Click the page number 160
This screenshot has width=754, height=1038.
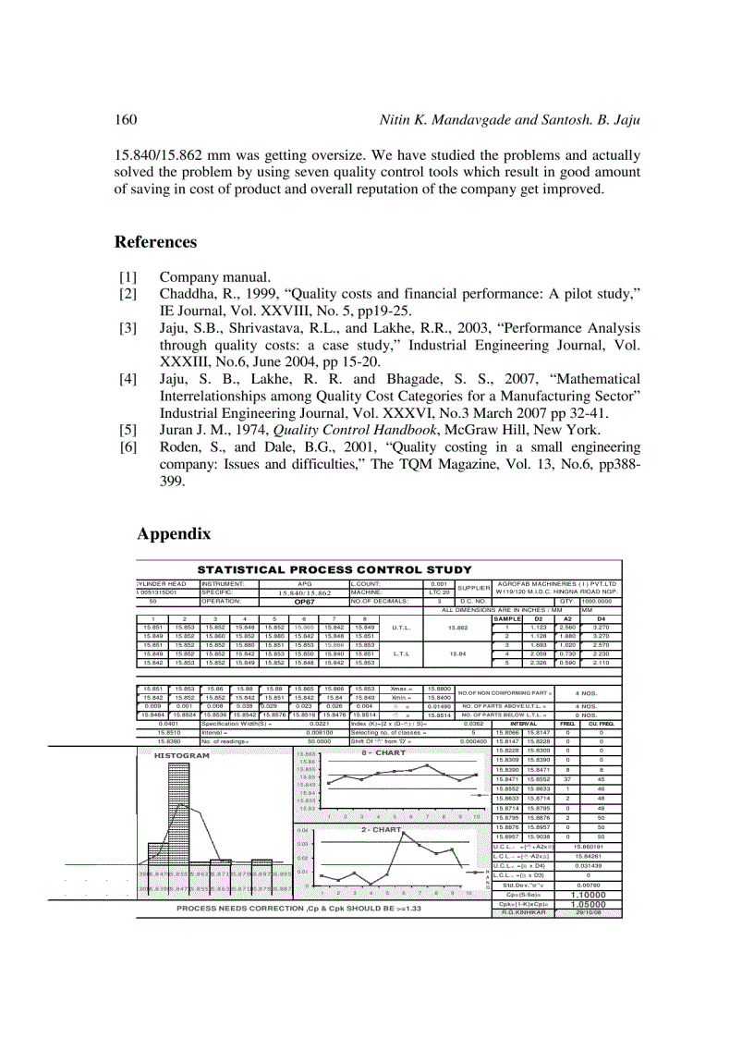126,120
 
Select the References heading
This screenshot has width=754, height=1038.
155,242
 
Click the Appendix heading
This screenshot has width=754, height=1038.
174,533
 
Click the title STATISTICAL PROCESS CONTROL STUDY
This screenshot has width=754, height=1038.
334,569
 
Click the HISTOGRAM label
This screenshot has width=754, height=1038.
182,729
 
